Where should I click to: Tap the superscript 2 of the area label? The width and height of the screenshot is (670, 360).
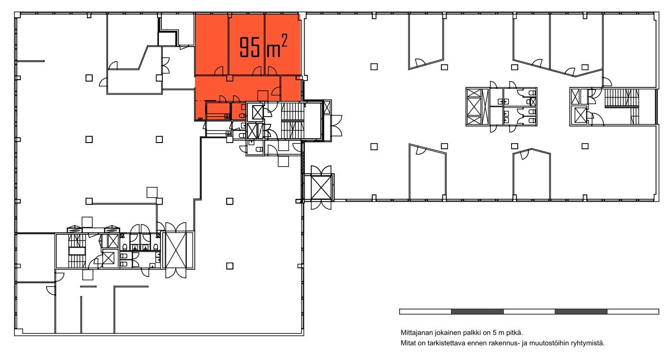click(x=284, y=40)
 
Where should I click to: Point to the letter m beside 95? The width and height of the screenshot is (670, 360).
click(x=273, y=50)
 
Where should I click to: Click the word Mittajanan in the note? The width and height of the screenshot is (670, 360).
click(x=415, y=333)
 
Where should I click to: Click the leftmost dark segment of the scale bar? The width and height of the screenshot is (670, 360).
click(x=477, y=312)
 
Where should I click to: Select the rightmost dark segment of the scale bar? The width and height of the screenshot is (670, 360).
click(x=581, y=312)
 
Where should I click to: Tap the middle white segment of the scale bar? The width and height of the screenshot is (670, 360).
click(x=529, y=312)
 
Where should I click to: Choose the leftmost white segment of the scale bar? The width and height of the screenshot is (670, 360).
click(x=426, y=312)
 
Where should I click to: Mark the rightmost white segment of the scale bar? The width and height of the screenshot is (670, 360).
click(x=633, y=312)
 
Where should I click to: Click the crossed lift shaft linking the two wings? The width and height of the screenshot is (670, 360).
click(x=321, y=188)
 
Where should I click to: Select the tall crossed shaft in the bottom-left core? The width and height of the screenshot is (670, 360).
click(x=176, y=251)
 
